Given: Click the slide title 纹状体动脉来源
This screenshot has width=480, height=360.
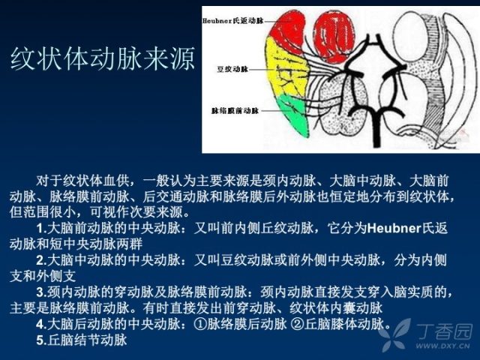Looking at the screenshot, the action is click(103, 58).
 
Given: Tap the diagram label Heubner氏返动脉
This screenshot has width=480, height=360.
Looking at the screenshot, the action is click(233, 21).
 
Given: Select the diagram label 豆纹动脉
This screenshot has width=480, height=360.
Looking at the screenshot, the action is click(232, 69).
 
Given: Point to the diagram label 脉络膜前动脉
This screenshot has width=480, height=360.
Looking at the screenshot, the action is click(235, 110).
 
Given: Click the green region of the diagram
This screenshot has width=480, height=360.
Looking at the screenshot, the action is click(294, 115).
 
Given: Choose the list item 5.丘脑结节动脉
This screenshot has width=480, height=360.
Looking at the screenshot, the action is click(82, 340).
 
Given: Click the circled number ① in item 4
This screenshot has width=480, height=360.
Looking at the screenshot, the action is click(200, 324).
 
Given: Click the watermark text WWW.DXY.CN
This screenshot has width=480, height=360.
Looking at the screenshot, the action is click(442, 346).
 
